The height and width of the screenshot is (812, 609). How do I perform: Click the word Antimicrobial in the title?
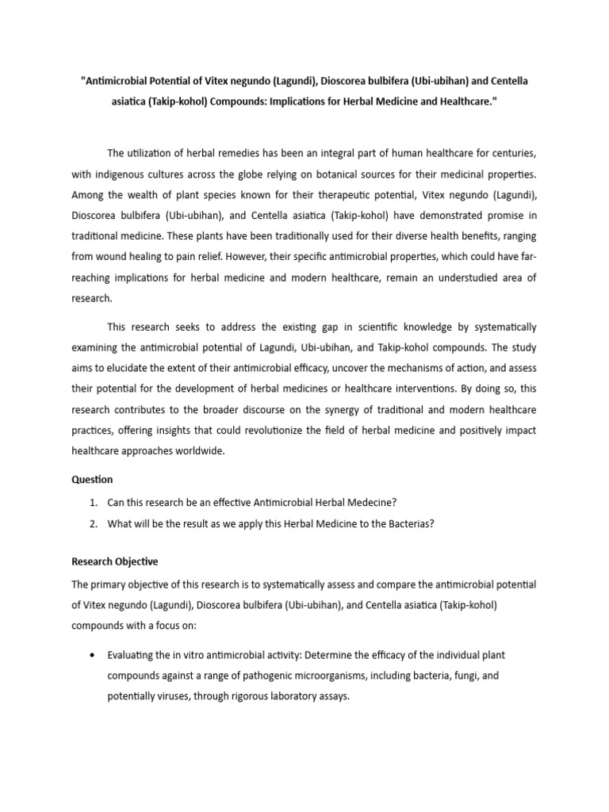point(116,82)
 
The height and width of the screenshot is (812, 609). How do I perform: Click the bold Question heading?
point(92,480)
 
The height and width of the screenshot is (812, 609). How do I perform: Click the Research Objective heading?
point(115,562)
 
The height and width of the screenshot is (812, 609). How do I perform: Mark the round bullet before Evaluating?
point(93,656)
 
